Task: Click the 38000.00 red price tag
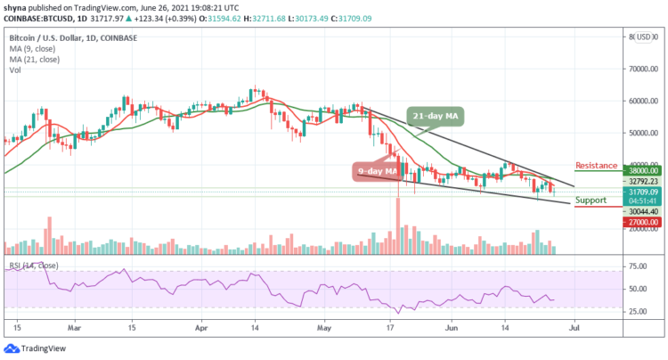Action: tap(641, 169)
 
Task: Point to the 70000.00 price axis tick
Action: tap(642, 69)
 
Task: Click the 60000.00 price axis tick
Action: tap(642, 101)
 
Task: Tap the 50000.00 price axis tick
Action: tap(642, 133)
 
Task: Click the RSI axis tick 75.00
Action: tap(639, 266)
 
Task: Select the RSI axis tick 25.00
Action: tap(639, 312)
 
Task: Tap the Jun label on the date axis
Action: tap(447, 327)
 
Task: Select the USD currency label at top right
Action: tap(643, 37)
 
